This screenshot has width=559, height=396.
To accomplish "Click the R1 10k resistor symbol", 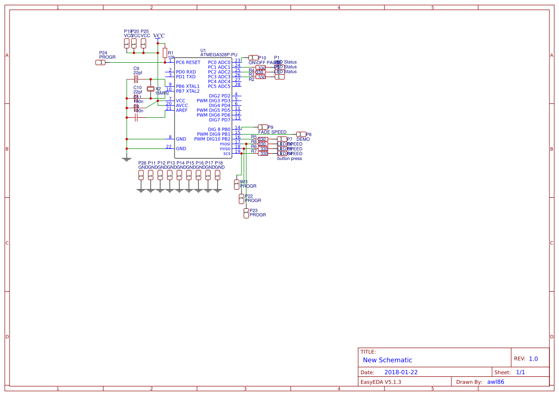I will [x=164, y=53].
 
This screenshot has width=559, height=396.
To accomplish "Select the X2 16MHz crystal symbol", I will [x=151, y=89].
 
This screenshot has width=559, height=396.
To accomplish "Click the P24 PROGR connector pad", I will [x=100, y=62].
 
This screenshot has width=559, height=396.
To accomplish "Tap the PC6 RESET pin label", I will [x=188, y=62].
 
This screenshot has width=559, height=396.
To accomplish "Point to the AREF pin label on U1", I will [x=182, y=110].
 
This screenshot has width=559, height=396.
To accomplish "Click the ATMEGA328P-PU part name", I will [x=219, y=55].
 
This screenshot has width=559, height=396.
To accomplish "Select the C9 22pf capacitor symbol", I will [x=136, y=79].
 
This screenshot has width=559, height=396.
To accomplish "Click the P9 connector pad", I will [x=263, y=127].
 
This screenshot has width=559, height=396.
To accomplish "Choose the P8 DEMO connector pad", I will [x=301, y=134].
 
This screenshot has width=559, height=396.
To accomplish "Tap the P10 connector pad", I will [x=253, y=57].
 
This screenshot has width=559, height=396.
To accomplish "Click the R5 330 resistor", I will [x=263, y=139].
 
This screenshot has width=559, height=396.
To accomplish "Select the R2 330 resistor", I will [x=261, y=77].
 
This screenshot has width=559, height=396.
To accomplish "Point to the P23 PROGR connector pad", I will [x=246, y=214].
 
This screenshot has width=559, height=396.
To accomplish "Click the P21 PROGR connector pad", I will [x=237, y=184].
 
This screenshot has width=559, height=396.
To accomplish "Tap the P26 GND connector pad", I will [x=141, y=175].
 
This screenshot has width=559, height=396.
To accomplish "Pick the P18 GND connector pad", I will [x=218, y=175].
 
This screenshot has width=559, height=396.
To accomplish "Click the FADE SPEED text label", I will [x=272, y=132].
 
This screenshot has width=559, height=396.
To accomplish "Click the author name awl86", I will [x=495, y=382].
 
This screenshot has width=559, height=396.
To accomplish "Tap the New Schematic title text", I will [x=387, y=360].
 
